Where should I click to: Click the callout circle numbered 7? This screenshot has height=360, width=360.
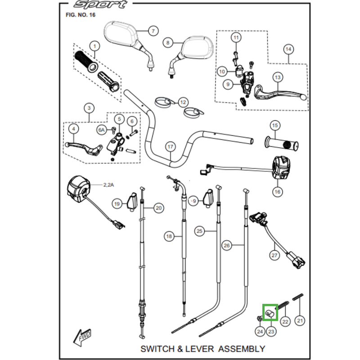click(153, 31)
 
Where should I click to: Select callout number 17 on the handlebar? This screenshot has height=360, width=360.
click(170, 147)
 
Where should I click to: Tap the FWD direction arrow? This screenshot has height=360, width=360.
click(82, 338)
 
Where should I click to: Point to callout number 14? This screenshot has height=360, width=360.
click(288, 49)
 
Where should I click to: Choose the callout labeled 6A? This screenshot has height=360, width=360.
click(102, 130)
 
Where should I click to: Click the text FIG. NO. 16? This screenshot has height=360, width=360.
click(81, 15)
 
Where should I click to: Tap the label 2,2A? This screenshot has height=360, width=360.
click(108, 185)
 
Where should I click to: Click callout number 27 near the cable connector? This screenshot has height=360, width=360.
click(274, 255)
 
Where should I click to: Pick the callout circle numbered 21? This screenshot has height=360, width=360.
click(300, 320)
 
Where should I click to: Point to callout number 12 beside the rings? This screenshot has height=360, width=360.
click(183, 102)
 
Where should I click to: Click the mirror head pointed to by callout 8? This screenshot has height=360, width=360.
click(197, 48)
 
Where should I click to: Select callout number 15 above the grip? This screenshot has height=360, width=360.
click(275, 126)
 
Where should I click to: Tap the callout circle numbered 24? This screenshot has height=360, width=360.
click(260, 332)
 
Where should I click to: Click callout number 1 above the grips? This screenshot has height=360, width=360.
click(94, 46)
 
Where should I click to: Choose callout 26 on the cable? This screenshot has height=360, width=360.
click(227, 245)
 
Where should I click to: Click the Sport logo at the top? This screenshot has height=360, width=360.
click(100, 4)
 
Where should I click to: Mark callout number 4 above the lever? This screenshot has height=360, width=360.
click(73, 129)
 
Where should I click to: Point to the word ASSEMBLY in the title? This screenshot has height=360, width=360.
click(242, 349)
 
